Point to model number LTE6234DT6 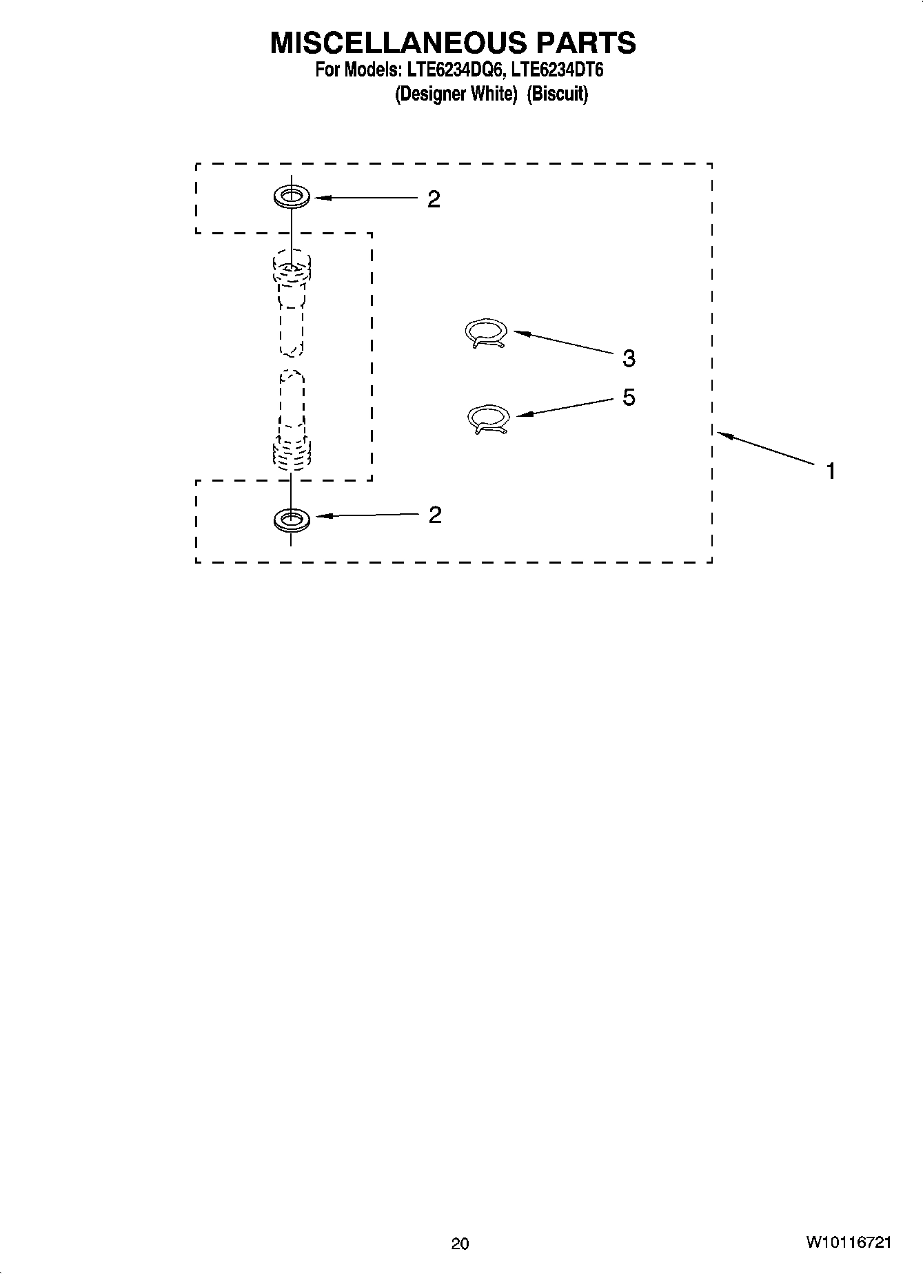click(558, 70)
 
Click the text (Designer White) click(456, 94)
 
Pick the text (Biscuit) click(557, 94)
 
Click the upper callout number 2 click(433, 200)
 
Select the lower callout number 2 click(434, 515)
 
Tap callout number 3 click(628, 358)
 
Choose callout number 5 click(628, 398)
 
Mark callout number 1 click(831, 471)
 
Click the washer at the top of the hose click(291, 196)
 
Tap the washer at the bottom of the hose click(291, 520)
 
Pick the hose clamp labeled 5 click(488, 419)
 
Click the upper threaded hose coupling click(292, 270)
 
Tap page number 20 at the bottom click(460, 1244)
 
